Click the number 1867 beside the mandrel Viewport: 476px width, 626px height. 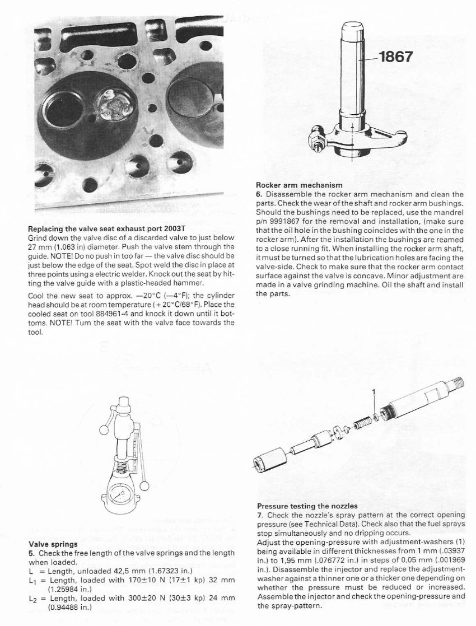pyautogui.click(x=395, y=57)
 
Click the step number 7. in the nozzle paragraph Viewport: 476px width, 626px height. pyautogui.click(x=259, y=515)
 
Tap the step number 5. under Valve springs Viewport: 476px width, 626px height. pyautogui.click(x=32, y=552)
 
